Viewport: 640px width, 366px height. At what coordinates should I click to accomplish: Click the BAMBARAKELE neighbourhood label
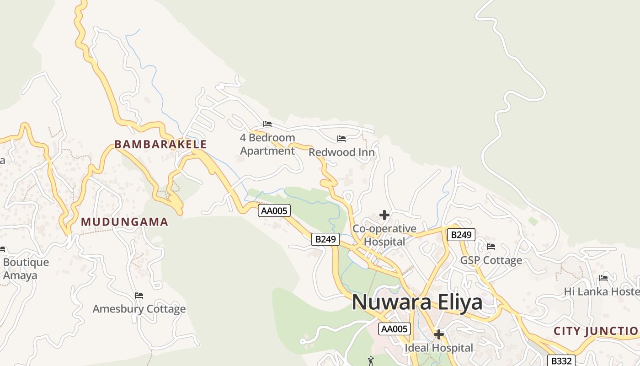click(x=160, y=144)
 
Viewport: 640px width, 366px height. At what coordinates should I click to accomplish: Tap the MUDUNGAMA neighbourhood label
click(x=125, y=222)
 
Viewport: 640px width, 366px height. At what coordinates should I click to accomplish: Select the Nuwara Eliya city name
click(x=417, y=302)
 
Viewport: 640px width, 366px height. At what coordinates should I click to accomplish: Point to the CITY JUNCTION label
click(x=596, y=331)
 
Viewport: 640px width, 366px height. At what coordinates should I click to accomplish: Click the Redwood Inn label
click(x=341, y=152)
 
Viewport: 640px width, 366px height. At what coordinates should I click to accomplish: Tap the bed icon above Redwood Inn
click(x=341, y=138)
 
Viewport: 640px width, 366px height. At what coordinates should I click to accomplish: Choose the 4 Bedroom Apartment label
click(x=267, y=144)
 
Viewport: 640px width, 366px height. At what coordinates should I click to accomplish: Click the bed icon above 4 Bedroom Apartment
click(x=267, y=124)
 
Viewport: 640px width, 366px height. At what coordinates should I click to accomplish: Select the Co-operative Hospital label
click(x=384, y=235)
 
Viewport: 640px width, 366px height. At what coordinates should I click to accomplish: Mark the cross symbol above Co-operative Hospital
click(x=384, y=215)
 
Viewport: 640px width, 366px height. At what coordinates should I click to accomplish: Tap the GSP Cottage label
click(x=491, y=260)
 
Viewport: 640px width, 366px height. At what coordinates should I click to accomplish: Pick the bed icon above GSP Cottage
click(x=491, y=247)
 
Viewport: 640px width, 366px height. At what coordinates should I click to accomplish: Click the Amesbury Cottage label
click(x=139, y=309)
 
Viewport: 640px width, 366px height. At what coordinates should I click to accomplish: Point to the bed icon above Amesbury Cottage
click(x=139, y=296)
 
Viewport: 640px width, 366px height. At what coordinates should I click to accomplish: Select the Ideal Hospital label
click(x=439, y=348)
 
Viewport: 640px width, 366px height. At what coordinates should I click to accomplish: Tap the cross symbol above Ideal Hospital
click(x=439, y=334)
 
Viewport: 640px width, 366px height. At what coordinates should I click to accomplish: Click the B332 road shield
click(x=561, y=361)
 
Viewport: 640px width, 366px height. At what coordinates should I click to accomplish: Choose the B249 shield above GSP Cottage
click(x=461, y=235)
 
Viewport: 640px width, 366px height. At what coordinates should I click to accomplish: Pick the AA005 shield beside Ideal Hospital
click(x=395, y=328)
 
